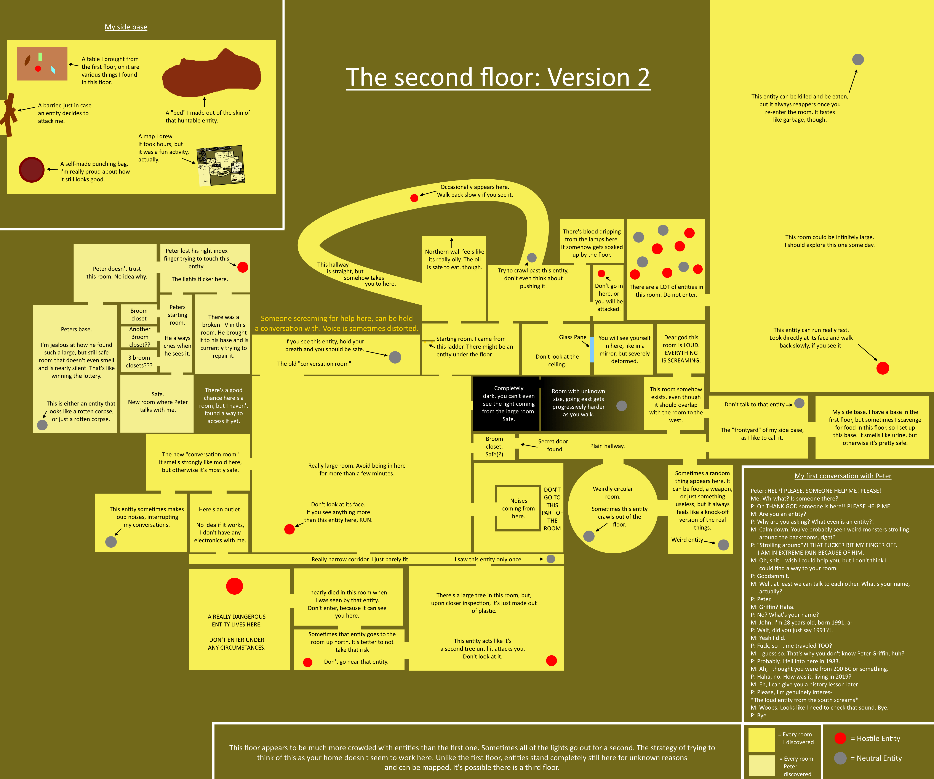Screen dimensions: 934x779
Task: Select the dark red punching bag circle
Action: point(32,170)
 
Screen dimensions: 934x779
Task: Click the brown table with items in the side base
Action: point(42,64)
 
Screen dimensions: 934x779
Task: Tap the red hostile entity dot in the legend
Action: point(840,738)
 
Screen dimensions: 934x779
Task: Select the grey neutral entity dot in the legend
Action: point(840,758)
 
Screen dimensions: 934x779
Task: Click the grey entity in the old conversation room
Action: point(395,357)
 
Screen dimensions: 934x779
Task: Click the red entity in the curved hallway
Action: point(414,198)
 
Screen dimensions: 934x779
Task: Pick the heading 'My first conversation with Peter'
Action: point(843,476)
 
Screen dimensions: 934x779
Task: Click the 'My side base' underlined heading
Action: point(126,27)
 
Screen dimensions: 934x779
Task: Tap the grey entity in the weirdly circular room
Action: point(589,536)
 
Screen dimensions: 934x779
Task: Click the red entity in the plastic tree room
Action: point(552,661)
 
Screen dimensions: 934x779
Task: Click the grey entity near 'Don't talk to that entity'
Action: point(799,403)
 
